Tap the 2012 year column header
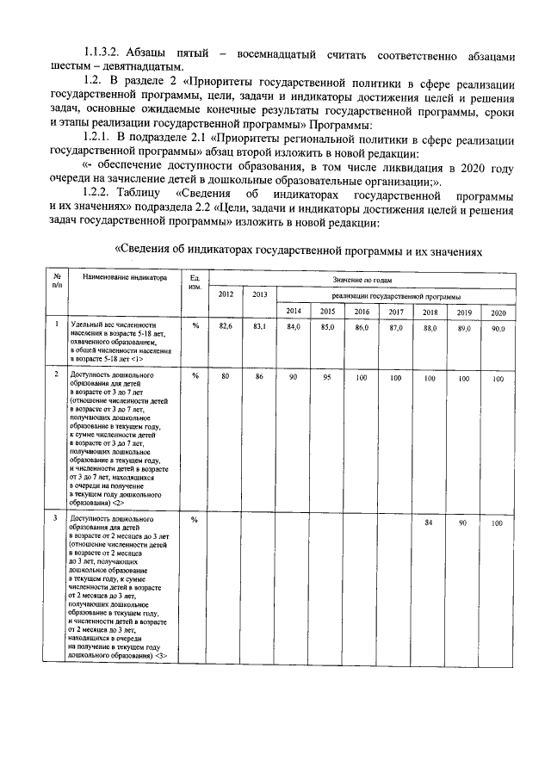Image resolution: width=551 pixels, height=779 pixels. point(226,294)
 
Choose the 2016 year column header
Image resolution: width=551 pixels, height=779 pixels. point(362,311)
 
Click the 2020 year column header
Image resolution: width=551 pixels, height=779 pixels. point(498,311)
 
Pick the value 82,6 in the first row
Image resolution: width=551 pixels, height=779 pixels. point(226,328)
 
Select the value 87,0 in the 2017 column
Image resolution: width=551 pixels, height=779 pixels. point(396,328)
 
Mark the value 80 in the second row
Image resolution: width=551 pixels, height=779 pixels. point(226,378)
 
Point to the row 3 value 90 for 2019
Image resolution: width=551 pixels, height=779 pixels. point(463,522)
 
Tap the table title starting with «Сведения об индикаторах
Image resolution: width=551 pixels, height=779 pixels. point(296,249)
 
